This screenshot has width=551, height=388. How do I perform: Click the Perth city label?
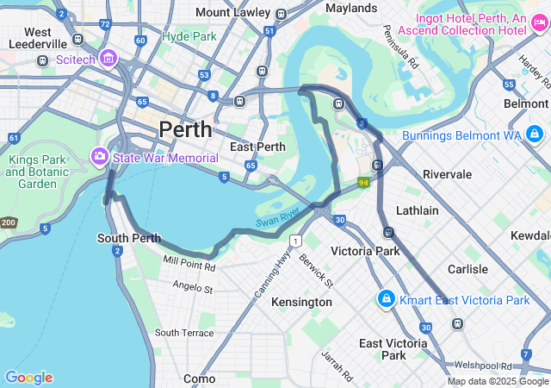(184, 129)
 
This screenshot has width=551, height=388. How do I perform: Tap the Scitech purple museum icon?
(108, 59)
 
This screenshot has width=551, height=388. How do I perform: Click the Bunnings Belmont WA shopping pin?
(535, 135)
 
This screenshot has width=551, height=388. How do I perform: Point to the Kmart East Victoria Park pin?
(385, 299)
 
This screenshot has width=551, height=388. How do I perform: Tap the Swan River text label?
(277, 218)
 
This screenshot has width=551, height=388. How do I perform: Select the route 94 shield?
(364, 183)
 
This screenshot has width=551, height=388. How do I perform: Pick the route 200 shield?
(8, 222)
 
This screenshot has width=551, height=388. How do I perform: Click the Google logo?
(28, 378)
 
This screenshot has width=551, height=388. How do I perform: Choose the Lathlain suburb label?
(417, 210)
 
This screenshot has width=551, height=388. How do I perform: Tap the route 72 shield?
(104, 25)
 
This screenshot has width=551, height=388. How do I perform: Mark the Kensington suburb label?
(301, 302)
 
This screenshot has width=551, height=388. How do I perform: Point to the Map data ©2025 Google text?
(498, 381)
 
